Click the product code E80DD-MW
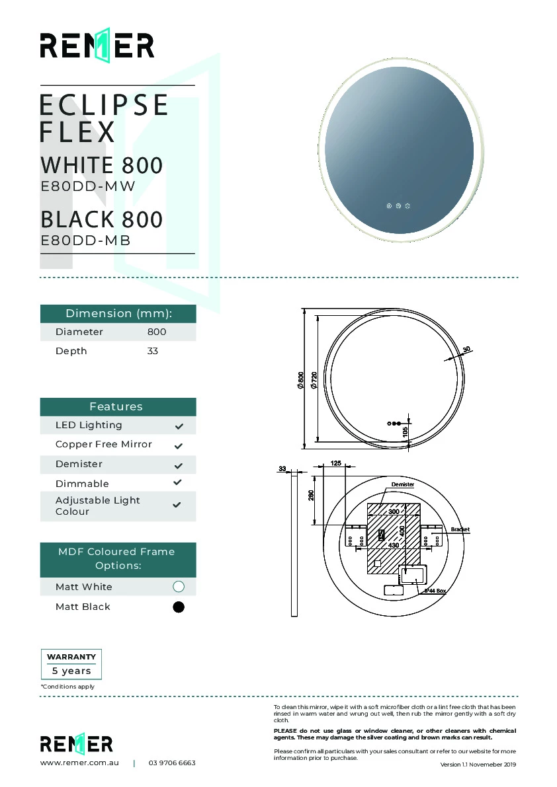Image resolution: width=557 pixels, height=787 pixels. pyautogui.click(x=88, y=186)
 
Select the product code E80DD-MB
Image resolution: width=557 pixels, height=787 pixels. pyautogui.click(x=86, y=241)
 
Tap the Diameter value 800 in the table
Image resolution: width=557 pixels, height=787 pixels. pyautogui.click(x=157, y=332)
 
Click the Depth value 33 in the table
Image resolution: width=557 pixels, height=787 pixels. pyautogui.click(x=153, y=351)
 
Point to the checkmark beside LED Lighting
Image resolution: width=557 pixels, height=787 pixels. pyautogui.click(x=178, y=426)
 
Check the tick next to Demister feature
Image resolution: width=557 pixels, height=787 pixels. pyautogui.click(x=178, y=465)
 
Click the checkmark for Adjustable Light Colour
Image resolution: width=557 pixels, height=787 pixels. pyautogui.click(x=177, y=505)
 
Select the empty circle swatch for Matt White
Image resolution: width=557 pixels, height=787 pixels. pyautogui.click(x=178, y=587)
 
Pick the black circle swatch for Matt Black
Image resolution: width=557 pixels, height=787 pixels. pyautogui.click(x=178, y=607)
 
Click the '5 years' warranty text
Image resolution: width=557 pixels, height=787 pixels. pyautogui.click(x=71, y=671)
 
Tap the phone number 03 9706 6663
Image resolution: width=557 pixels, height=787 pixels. pyautogui.click(x=172, y=763)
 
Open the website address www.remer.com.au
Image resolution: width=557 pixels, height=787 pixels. pyautogui.click(x=79, y=763)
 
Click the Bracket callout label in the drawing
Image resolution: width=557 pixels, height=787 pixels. pyautogui.click(x=460, y=529)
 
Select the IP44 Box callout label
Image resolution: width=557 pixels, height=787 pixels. pyautogui.click(x=435, y=591)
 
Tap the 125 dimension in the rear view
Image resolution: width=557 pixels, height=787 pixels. pyautogui.click(x=335, y=464)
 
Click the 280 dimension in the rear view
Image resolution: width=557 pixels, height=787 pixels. pyautogui.click(x=311, y=495)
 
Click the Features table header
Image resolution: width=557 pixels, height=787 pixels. pyautogui.click(x=116, y=406)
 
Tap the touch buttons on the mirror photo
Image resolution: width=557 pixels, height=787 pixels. pyautogui.click(x=398, y=206)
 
